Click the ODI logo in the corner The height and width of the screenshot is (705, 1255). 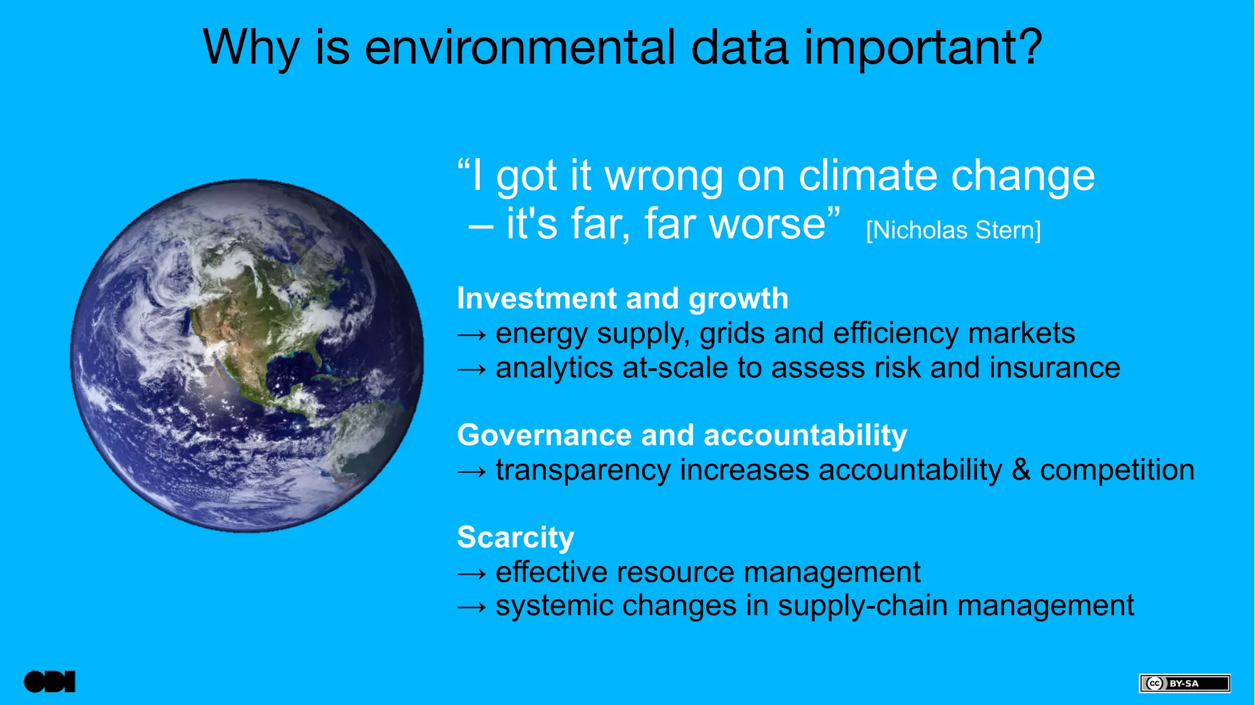pyautogui.click(x=50, y=682)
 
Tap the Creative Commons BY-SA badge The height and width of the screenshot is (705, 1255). pyautogui.click(x=1184, y=683)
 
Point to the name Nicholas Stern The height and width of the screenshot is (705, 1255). pyautogui.click(x=954, y=230)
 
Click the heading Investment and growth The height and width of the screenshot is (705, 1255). pyautogui.click(x=623, y=299)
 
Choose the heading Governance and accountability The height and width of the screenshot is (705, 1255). pyautogui.click(x=681, y=435)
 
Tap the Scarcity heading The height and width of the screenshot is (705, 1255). pyautogui.click(x=515, y=537)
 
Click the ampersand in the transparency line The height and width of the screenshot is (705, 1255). pyautogui.click(x=1021, y=470)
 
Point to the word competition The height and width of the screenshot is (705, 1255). pyautogui.click(x=1117, y=470)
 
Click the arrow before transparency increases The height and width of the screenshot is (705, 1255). pyautogui.click(x=472, y=472)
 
